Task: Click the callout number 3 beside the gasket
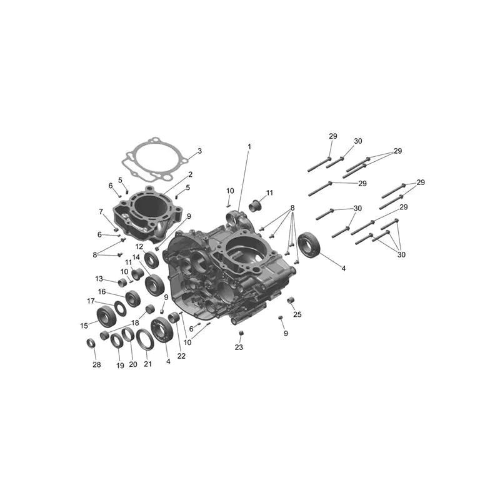point(199,151)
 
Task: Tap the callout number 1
point(249,147)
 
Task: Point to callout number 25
point(297,314)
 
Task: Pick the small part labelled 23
point(241,333)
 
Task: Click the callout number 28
point(97,364)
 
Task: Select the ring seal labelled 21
point(145,339)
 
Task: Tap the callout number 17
point(91,301)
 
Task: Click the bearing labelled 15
point(106,316)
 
